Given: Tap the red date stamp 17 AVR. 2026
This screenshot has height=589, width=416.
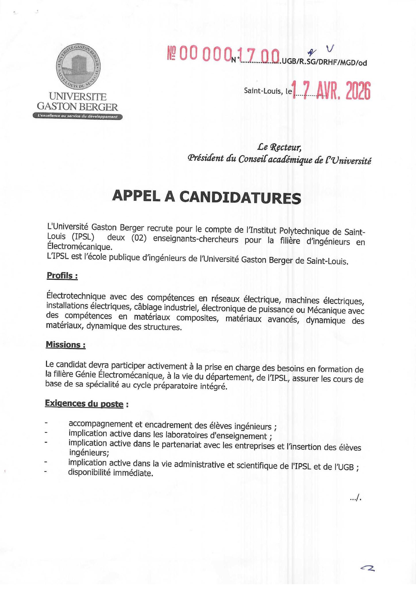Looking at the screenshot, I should (x=331, y=90).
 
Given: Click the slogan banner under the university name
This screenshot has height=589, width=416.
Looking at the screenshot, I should (x=78, y=116).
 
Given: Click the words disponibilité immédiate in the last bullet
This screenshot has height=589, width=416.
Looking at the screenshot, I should (x=111, y=473).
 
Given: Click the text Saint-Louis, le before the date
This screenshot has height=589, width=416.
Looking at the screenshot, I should (x=268, y=91).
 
